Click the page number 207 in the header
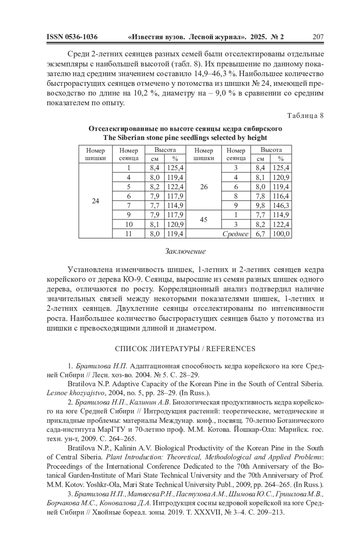[318, 37]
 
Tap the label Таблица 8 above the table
[305, 116]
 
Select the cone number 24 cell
[95, 201]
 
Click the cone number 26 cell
[204, 187]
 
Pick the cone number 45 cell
[204, 220]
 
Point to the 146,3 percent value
[281, 206]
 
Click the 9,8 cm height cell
[260, 206]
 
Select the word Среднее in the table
[235, 234]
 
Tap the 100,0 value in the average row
[281, 234]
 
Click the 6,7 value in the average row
[260, 234]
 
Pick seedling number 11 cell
[129, 234]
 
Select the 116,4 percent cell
[281, 196]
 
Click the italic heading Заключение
[185, 251]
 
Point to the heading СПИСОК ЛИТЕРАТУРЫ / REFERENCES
[185, 349]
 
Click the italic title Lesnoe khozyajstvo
[75, 393]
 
